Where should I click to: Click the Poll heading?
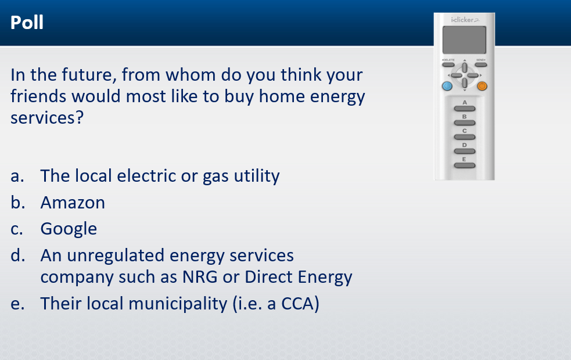point(27,23)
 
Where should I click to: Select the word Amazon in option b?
point(73,203)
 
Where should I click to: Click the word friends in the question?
point(38,96)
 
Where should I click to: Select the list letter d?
point(17,255)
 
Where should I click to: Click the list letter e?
point(17,304)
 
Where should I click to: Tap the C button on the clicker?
point(465,137)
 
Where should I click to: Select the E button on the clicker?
point(465,165)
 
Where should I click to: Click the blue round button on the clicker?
point(447,86)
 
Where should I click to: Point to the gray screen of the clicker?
point(464,40)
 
